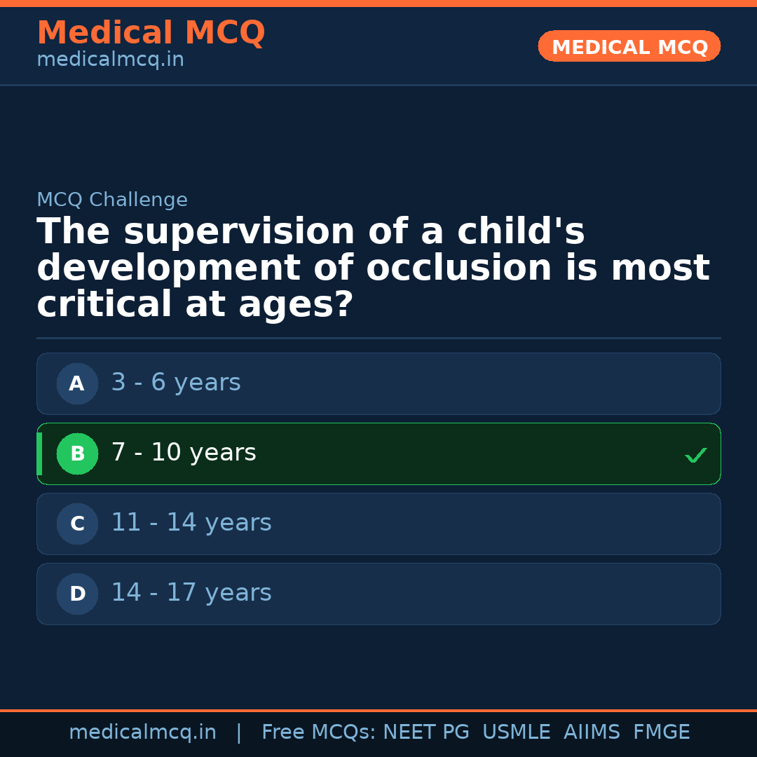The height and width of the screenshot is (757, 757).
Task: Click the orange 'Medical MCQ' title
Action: [151, 33]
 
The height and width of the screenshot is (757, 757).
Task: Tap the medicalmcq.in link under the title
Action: [110, 60]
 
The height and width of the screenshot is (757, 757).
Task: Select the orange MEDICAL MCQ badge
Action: [629, 47]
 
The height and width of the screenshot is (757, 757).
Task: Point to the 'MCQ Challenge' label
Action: [112, 200]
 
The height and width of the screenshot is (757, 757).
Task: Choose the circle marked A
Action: [77, 383]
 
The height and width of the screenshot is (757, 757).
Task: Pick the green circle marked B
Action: [77, 453]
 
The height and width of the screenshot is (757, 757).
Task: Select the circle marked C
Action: [77, 524]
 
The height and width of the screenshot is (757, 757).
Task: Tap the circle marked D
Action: [77, 594]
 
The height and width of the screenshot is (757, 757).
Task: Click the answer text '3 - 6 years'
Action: [176, 383]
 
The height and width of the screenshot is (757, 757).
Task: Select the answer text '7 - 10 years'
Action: [184, 453]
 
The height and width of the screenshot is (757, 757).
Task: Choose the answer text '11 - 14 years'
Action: [191, 523]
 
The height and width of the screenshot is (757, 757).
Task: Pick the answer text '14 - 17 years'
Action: [191, 593]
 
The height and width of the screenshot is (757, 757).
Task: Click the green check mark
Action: [696, 455]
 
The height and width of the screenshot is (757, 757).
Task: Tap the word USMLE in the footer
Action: [516, 732]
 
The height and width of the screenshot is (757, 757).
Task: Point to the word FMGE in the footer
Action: [661, 732]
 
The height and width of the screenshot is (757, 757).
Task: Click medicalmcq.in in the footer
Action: [142, 732]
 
